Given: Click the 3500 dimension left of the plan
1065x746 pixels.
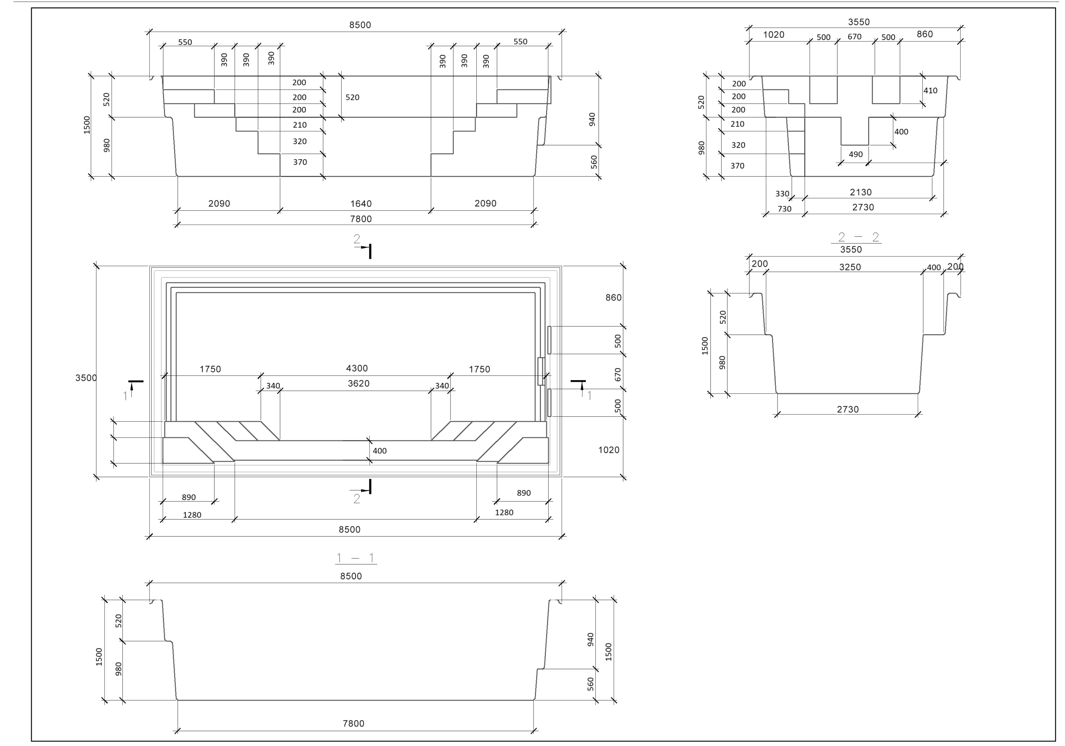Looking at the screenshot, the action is click(86, 378).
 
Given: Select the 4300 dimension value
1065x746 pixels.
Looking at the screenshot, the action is click(357, 368).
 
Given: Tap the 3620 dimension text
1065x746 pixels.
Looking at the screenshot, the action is click(359, 383).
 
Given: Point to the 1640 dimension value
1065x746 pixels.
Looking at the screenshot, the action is click(361, 203).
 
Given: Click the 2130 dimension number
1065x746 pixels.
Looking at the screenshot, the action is click(860, 192).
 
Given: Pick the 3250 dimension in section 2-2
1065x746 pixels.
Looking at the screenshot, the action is click(850, 267).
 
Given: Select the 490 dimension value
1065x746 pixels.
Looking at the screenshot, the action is click(855, 154).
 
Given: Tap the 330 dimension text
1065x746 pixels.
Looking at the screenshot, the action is click(782, 194).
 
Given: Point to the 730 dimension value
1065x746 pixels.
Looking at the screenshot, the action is click(784, 209).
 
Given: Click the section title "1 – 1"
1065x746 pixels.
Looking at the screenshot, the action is click(356, 558).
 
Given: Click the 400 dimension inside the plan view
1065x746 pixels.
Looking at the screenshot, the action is click(379, 451).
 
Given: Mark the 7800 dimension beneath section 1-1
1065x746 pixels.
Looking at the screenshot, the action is click(354, 723).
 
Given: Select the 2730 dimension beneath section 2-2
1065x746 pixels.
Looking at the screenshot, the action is click(847, 410).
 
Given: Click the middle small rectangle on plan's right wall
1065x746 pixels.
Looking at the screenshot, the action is click(540, 371).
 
